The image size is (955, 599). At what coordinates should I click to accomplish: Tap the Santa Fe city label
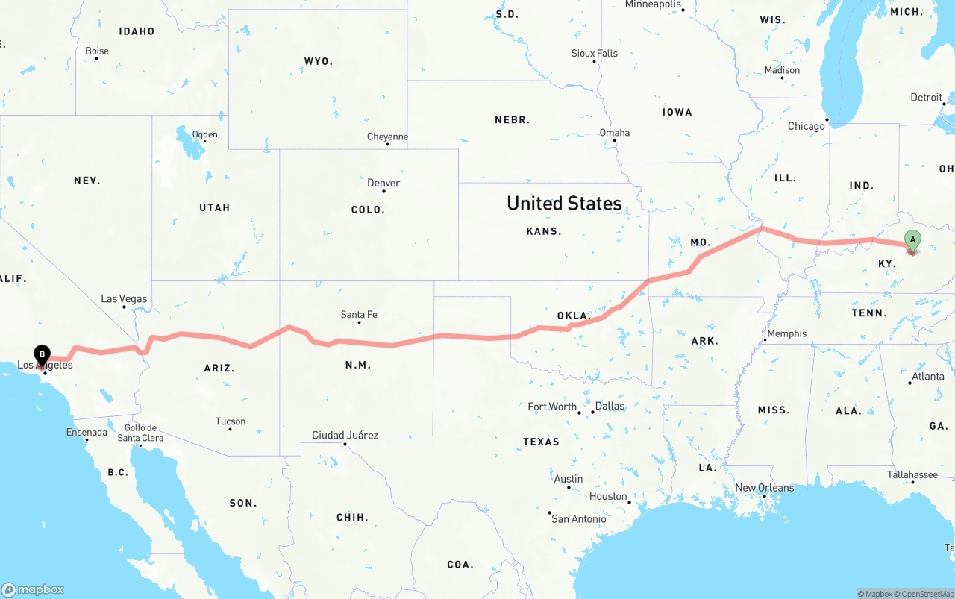(359, 315)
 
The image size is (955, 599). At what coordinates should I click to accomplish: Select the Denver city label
(383, 183)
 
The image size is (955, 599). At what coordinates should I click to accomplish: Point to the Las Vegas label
(124, 299)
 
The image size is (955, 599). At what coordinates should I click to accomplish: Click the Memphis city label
(786, 333)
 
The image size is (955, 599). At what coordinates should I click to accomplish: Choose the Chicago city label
(807, 126)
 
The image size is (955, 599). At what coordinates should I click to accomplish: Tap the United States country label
(564, 203)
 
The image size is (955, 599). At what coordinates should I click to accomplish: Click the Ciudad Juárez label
(345, 435)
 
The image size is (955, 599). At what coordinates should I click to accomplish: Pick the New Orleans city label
(765, 488)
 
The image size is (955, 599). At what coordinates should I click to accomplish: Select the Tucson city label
(231, 421)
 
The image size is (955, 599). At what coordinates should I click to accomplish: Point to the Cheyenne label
(387, 137)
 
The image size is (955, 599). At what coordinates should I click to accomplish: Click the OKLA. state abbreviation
(574, 316)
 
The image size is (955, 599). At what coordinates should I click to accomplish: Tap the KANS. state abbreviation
(544, 231)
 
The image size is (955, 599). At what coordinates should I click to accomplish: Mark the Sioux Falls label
(595, 53)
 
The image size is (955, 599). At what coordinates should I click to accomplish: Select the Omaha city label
(615, 133)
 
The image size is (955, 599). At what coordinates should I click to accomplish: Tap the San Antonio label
(579, 518)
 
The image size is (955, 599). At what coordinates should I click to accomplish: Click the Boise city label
(97, 51)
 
